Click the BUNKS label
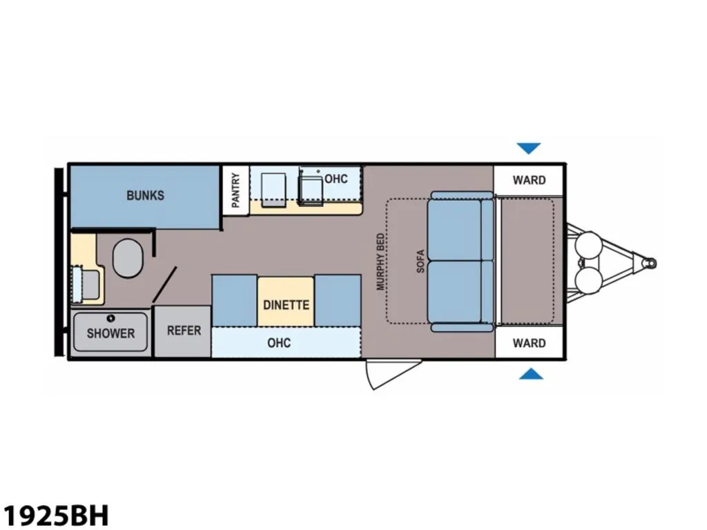coord(145,195)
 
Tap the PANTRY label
coord(235,190)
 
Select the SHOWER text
coord(110,333)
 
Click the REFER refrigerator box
coord(182,331)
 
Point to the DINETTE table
coord(286,302)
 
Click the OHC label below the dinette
coord(279,343)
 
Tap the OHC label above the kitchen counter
coord(336,179)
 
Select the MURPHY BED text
coord(380,262)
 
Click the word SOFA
coord(420,261)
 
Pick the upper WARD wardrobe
coord(528,180)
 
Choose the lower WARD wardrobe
coord(529,342)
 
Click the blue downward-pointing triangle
coord(528,148)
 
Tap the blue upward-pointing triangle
coord(531,373)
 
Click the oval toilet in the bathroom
coord(128,258)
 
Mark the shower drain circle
coord(110,318)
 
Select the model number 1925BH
coord(57,515)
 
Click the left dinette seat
coord(235,300)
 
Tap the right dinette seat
coord(338,300)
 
